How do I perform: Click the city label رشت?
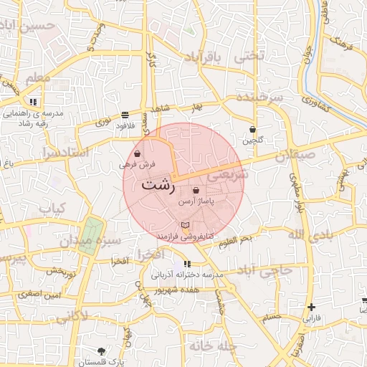(x=159, y=183)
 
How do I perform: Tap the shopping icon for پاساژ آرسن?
(x=196, y=191)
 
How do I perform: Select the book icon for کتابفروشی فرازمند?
(x=186, y=227)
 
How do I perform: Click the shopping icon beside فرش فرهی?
(x=137, y=153)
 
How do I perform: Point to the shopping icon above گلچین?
(x=252, y=130)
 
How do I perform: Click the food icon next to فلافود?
(x=125, y=114)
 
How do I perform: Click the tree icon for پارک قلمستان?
(x=101, y=351)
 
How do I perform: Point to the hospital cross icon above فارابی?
(x=310, y=307)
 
